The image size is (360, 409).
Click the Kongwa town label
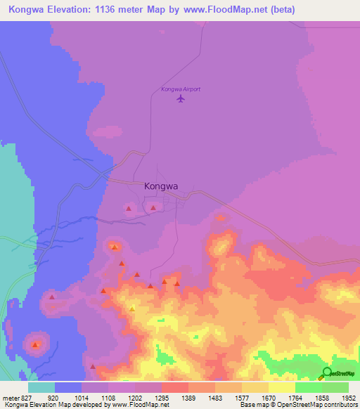pos(160,187)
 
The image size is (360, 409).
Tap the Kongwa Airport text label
pos(181,89)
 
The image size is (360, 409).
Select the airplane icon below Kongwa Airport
pos(181,99)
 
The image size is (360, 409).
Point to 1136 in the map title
pos(119,10)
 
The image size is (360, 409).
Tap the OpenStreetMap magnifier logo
pos(326,373)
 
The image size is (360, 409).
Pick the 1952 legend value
pos(348,398)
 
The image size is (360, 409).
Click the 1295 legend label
pos(162,398)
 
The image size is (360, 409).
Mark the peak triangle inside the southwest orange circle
pos(36,344)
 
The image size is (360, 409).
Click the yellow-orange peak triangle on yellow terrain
pos(132,309)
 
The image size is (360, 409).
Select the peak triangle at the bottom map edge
pos(92,366)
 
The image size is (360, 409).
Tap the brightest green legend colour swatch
pos(308,387)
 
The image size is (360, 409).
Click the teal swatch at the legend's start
pos(41,387)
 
